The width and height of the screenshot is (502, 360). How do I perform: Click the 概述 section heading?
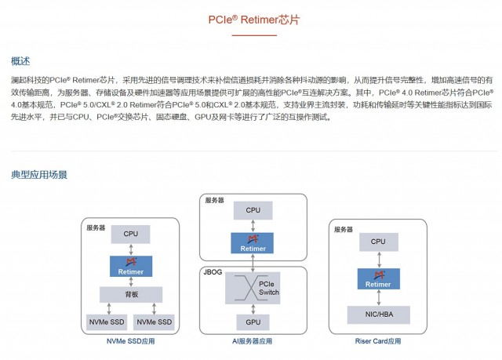pyautogui.click(x=21, y=61)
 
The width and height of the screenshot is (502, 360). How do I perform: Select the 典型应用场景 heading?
pyautogui.click(x=38, y=174)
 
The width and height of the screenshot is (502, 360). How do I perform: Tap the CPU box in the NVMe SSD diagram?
pyautogui.click(x=130, y=234)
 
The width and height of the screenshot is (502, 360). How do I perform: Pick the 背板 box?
pyautogui.click(x=130, y=294)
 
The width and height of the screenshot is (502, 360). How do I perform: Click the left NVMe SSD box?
pyautogui.click(x=105, y=322)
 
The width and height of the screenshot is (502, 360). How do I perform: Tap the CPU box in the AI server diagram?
pyautogui.click(x=253, y=210)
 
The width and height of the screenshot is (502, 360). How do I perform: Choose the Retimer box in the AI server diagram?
pyautogui.click(x=253, y=243)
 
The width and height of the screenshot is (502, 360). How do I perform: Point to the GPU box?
pyautogui.click(x=253, y=322)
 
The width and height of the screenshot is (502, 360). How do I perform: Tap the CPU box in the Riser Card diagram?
pyautogui.click(x=378, y=242)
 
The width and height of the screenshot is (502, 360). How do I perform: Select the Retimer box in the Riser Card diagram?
pyautogui.click(x=378, y=278)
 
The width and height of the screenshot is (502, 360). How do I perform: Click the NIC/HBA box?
pyautogui.click(x=378, y=314)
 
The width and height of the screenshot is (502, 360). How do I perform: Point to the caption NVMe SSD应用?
pyautogui.click(x=131, y=342)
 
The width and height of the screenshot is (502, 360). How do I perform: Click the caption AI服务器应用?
pyautogui.click(x=253, y=342)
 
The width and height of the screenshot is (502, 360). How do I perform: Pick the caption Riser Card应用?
pyautogui.click(x=378, y=342)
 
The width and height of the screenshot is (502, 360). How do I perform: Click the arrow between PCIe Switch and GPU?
pyautogui.click(x=253, y=308)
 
